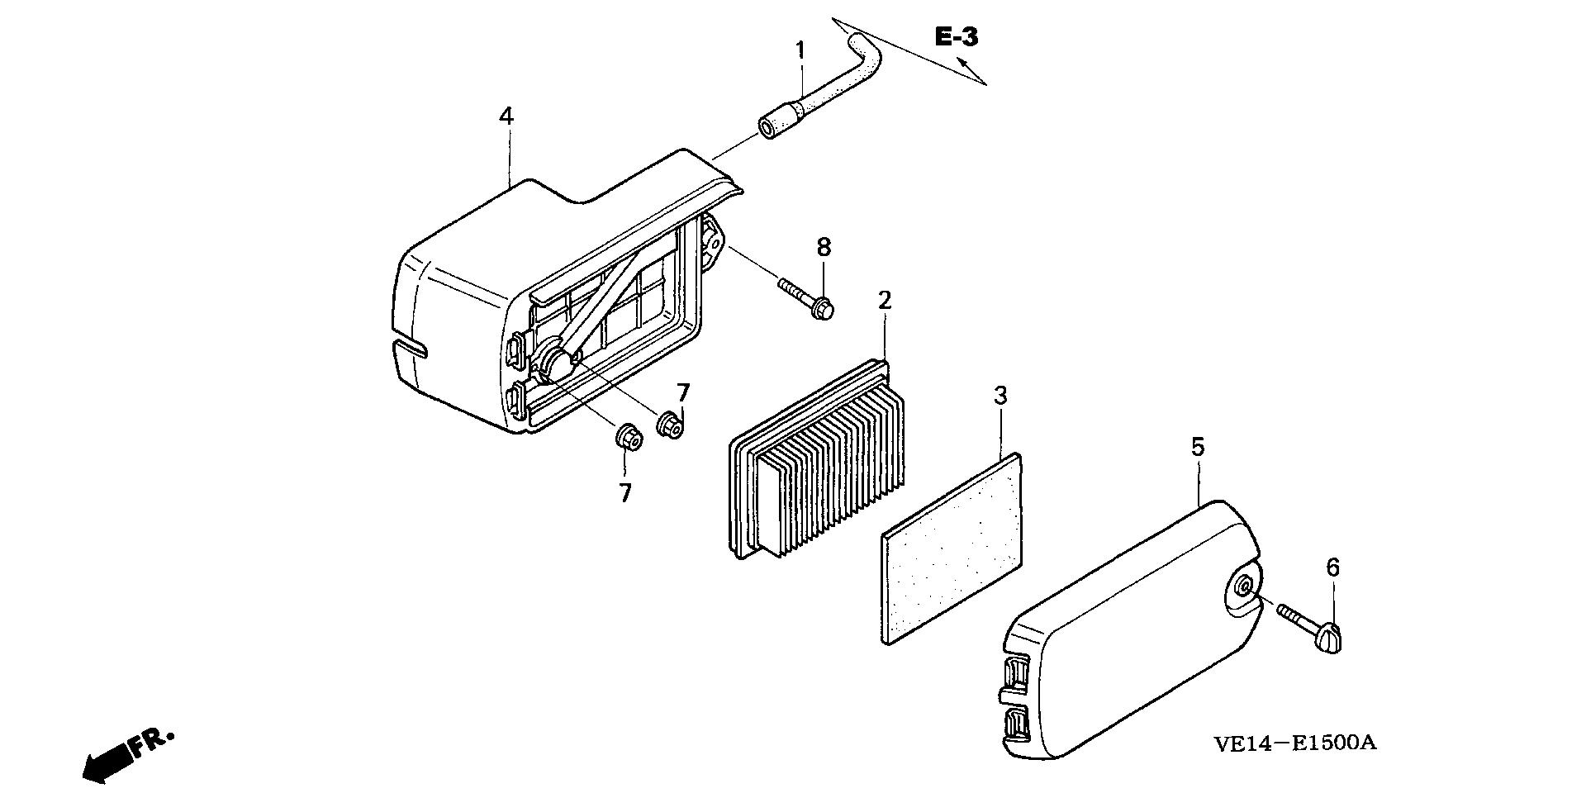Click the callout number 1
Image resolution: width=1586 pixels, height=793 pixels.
[800, 50]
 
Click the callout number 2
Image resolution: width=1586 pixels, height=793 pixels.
[885, 301]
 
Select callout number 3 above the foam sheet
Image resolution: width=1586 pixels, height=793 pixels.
[1000, 396]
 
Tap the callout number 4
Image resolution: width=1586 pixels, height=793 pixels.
[506, 116]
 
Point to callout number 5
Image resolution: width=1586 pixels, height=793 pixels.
[1198, 447]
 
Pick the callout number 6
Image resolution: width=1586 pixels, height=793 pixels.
[1332, 567]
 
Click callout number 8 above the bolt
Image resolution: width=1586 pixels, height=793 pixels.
[824, 247]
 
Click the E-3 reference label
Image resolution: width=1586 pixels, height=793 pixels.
[957, 37]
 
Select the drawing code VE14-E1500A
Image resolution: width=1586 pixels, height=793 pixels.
[1294, 743]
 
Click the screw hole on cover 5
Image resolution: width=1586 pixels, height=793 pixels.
[1245, 586]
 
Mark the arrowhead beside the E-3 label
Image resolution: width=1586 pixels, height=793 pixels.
[962, 63]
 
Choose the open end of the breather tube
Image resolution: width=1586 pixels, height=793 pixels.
[767, 129]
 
